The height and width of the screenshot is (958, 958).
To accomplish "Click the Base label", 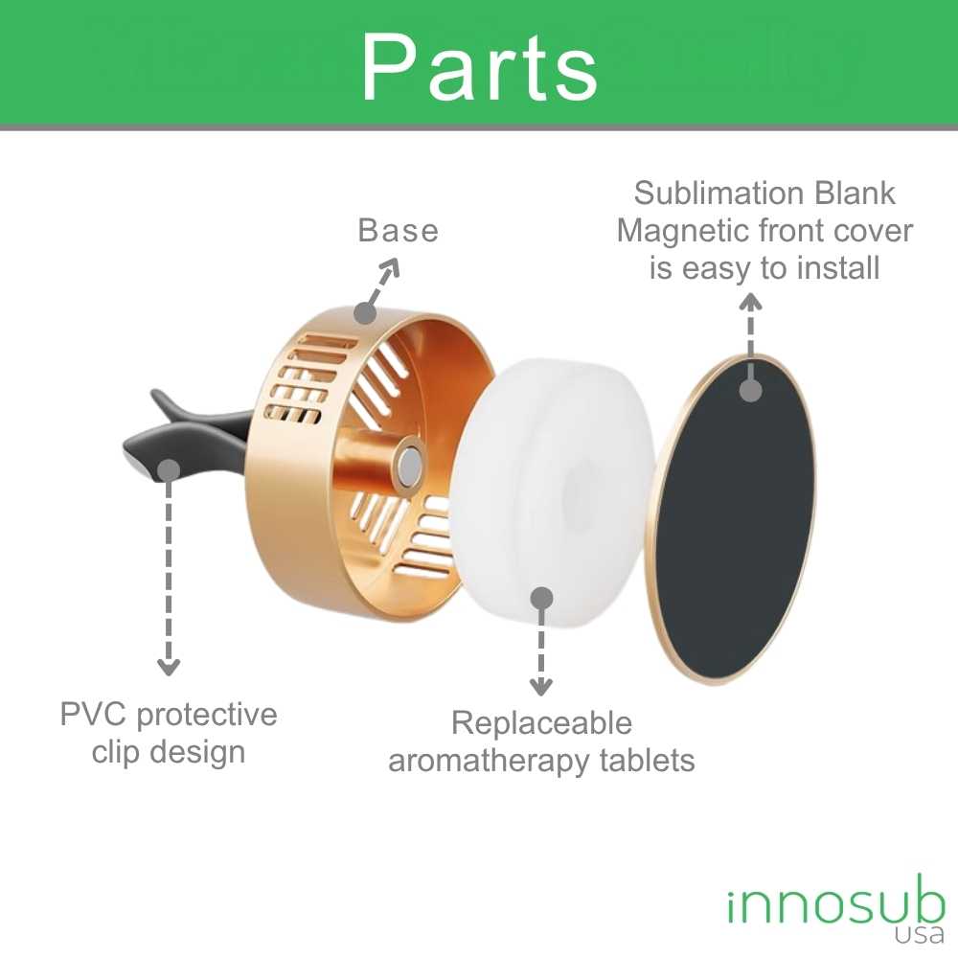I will click(398, 231).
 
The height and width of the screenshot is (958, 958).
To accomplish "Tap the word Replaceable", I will click(541, 723).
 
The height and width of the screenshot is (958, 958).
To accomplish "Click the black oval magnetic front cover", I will click(733, 517).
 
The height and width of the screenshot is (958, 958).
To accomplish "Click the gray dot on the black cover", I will click(751, 390).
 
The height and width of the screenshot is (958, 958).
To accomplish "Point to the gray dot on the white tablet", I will click(542, 598).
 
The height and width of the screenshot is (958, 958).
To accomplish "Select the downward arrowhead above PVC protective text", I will click(169, 667).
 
